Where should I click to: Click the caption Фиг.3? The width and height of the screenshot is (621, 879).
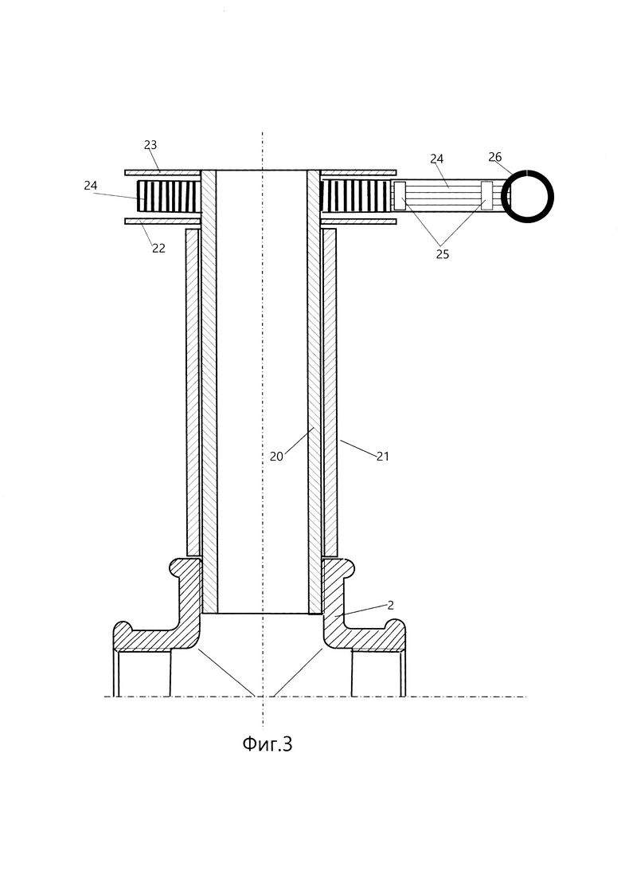pyautogui.click(x=267, y=744)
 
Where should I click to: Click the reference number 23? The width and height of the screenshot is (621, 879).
pyautogui.click(x=150, y=144)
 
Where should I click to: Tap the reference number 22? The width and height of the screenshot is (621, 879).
pyautogui.click(x=159, y=248)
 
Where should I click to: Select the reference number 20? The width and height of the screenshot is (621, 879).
pyautogui.click(x=276, y=457)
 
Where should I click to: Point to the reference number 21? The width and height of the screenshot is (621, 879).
pyautogui.click(x=382, y=457)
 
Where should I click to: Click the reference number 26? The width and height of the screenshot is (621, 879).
pyautogui.click(x=495, y=157)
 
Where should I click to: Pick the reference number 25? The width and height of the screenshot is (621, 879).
pyautogui.click(x=443, y=254)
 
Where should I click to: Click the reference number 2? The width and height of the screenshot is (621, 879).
pyautogui.click(x=390, y=605)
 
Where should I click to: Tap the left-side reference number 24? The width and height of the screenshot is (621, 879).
pyautogui.click(x=91, y=185)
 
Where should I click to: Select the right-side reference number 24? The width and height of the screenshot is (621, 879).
pyautogui.click(x=437, y=159)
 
